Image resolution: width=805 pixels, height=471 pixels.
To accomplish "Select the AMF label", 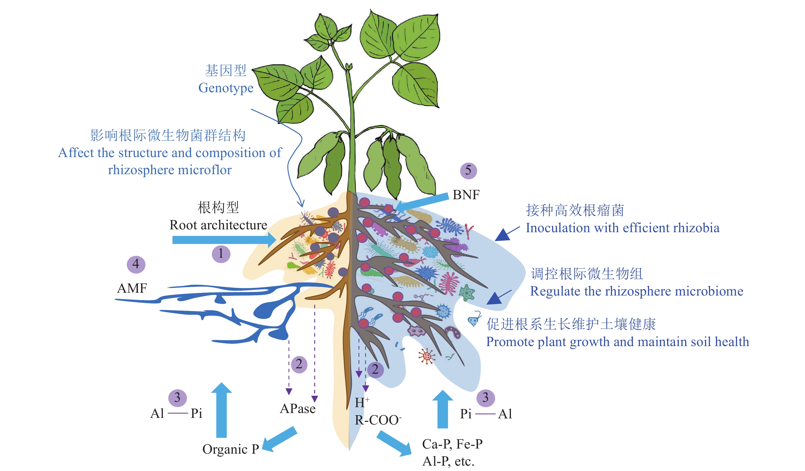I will [132, 288].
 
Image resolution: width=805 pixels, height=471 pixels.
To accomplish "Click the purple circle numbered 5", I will [468, 171].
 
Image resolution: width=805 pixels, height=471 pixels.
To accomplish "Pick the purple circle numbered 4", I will [136, 264].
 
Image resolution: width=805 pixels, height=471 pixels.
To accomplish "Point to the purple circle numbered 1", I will [221, 254].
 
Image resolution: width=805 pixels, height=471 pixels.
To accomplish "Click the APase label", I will [297, 409].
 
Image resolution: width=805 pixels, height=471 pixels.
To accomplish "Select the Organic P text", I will [230, 449].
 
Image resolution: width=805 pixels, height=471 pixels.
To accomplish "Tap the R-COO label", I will [378, 420].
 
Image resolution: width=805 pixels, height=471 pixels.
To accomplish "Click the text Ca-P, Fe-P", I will [452, 444].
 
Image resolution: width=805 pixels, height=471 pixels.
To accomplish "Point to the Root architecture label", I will [218, 225].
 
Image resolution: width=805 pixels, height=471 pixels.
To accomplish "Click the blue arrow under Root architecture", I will [224, 240].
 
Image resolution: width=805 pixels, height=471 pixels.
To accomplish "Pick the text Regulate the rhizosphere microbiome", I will [636, 291].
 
